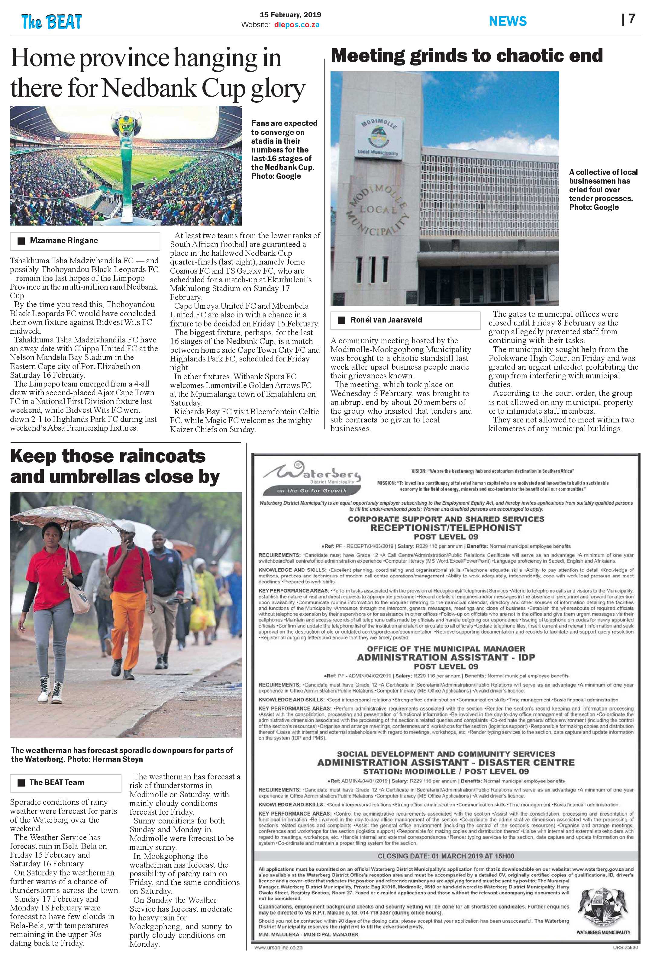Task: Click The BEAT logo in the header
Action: pyautogui.click(x=52, y=21)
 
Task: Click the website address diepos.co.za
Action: pyautogui.click(x=297, y=25)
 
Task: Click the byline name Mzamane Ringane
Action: pyautogui.click(x=64, y=241)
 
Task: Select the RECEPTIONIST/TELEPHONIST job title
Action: pyautogui.click(x=446, y=528)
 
